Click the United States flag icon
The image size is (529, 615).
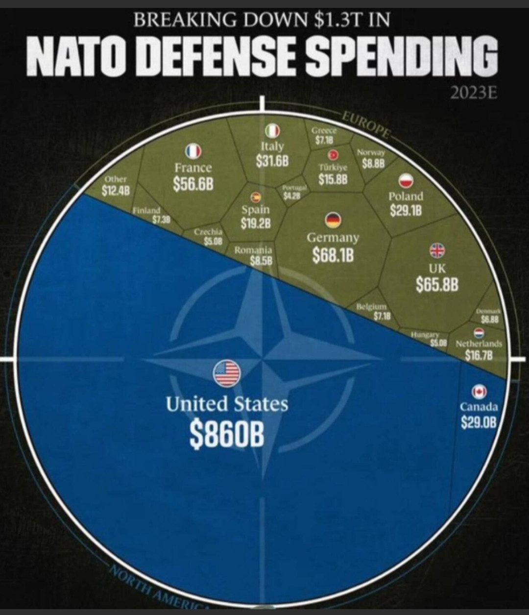(x=226, y=373)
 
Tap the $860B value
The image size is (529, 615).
(x=227, y=434)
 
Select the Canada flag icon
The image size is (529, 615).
(x=479, y=391)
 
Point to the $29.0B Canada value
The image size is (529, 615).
(x=479, y=421)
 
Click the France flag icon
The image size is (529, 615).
(x=193, y=151)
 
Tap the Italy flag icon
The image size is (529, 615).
(x=272, y=131)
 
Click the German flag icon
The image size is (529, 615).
(x=333, y=221)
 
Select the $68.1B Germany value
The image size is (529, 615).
(x=333, y=256)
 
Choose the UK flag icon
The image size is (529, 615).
(x=437, y=250)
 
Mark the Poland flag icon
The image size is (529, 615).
(x=406, y=180)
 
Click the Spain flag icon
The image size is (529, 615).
(x=255, y=197)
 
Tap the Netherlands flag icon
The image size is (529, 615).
(x=479, y=332)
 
